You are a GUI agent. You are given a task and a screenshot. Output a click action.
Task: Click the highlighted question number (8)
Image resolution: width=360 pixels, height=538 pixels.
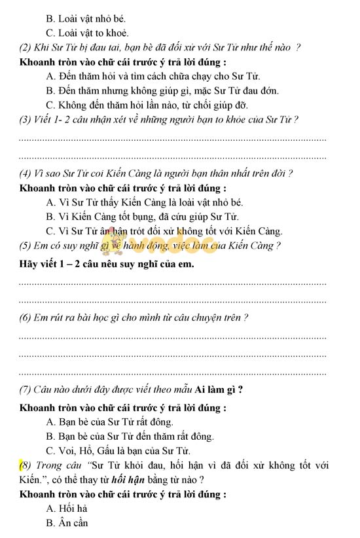26,466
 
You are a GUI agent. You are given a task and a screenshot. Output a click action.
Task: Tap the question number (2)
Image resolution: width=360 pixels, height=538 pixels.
27,47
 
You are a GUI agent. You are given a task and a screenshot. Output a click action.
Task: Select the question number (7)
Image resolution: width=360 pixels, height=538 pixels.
27,390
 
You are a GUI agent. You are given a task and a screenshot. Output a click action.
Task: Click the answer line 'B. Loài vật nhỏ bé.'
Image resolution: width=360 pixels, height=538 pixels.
86,18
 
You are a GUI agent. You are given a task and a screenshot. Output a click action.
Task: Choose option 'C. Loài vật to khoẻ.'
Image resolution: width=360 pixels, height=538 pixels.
88,33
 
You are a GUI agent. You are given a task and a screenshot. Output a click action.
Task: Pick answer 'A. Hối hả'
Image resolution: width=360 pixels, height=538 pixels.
68,509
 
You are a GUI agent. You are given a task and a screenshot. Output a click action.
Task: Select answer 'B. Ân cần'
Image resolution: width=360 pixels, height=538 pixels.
67,523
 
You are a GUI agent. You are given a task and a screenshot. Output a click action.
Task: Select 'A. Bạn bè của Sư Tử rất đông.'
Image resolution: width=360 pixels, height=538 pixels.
110,422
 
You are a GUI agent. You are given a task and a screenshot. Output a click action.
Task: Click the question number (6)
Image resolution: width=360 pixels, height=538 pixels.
27,317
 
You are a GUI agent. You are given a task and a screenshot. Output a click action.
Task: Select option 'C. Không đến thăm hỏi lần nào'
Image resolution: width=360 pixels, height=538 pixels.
147,105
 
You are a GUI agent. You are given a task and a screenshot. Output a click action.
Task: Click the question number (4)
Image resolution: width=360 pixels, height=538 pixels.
27,173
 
